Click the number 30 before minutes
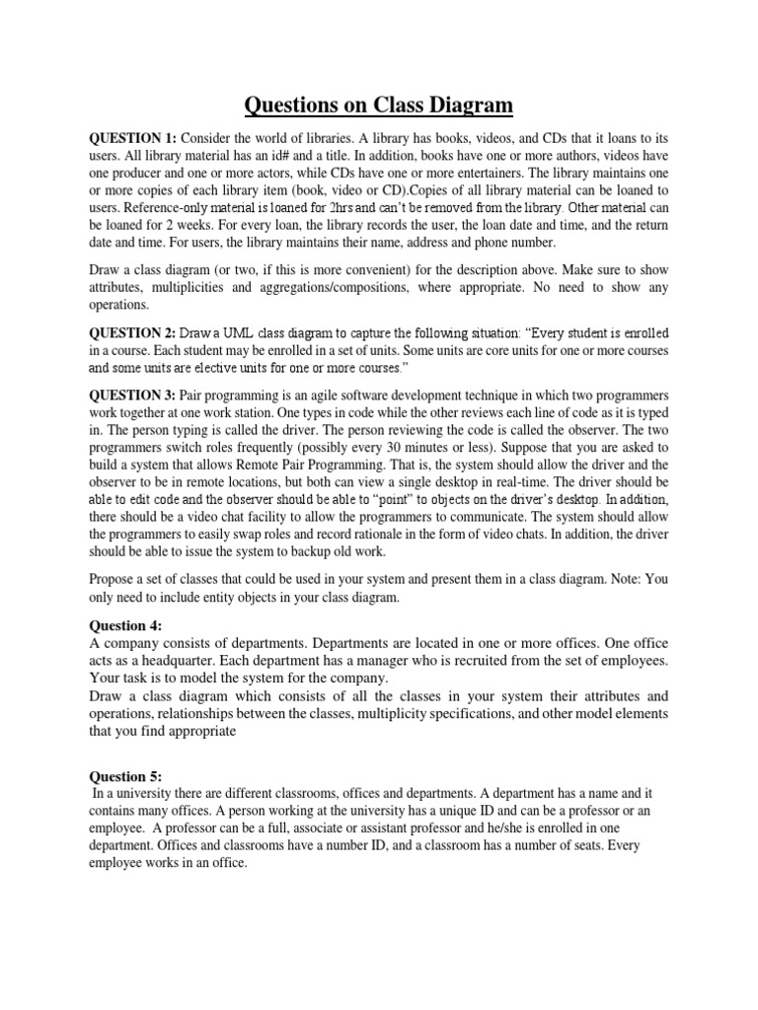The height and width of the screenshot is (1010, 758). point(391,447)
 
